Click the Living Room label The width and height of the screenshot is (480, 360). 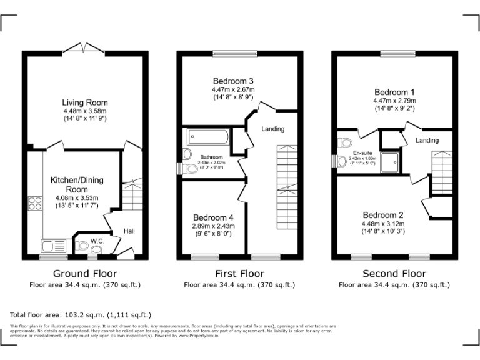click(84, 102)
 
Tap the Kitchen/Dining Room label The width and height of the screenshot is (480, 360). click(76, 184)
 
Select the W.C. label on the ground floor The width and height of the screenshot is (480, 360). click(97, 241)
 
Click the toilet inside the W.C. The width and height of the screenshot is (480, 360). click(83, 246)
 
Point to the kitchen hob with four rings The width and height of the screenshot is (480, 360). click(34, 203)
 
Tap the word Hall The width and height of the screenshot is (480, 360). click(129, 231)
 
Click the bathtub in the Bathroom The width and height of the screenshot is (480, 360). click(206, 136)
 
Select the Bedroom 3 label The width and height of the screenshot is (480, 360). click(233, 81)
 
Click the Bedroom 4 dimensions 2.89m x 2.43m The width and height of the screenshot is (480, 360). click(212, 226)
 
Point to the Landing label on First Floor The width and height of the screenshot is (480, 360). click(273, 129)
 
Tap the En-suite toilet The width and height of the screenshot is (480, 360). click(341, 161)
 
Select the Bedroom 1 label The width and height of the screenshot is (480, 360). click(394, 91)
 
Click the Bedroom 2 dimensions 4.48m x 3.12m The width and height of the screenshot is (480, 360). click(383, 224)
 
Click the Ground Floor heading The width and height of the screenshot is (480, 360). click(85, 274)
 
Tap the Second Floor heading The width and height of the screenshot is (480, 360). click(394, 274)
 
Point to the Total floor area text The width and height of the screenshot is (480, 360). click(81, 314)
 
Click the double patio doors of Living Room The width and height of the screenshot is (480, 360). click(84, 49)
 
